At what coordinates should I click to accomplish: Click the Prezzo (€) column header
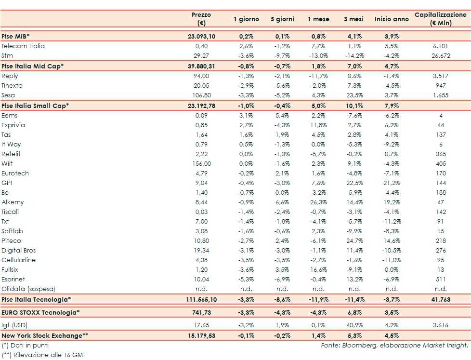201,19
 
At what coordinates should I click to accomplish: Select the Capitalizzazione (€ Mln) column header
441,19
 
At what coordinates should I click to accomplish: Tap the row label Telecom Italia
23,46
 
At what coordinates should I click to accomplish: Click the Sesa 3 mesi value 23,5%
354,95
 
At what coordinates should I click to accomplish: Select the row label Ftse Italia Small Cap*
35,106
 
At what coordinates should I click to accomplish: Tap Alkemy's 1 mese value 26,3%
318,202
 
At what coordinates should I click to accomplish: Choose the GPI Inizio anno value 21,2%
392,183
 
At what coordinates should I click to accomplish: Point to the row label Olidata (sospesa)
28,289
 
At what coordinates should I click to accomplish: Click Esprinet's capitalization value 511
441,280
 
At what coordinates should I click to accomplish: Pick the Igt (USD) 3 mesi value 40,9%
354,325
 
